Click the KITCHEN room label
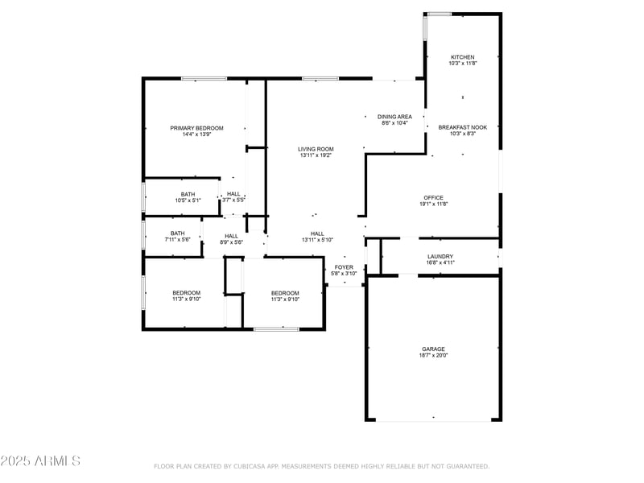462,57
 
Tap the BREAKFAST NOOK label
462,127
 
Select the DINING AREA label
394,117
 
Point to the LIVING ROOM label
316,149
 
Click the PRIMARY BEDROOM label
196,128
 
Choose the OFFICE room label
433,198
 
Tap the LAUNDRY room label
440,257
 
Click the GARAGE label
433,349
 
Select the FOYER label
344,267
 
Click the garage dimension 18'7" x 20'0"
433,355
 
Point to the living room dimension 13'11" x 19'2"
316,155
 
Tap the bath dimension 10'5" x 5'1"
188,200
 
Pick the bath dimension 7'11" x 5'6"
177,240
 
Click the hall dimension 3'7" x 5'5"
233,200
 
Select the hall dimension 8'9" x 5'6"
231,242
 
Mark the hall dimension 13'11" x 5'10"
317,240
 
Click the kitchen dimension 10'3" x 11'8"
462,64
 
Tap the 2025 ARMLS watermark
40,461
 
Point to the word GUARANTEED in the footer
465,466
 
